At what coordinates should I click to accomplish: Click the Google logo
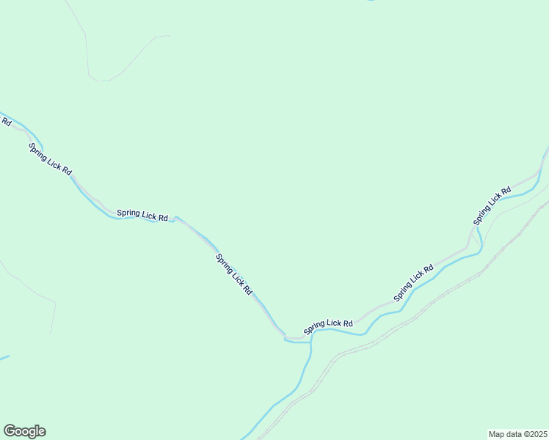pyautogui.click(x=24, y=431)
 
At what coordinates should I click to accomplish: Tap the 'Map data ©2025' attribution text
pyautogui.click(x=517, y=434)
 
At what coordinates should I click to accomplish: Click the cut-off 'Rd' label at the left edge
pyautogui.click(x=5, y=120)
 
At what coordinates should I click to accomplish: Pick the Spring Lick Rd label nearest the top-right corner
pyautogui.click(x=492, y=206)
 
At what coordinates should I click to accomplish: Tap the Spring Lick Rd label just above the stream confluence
pyautogui.click(x=329, y=325)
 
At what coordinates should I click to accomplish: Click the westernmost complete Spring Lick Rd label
pyautogui.click(x=50, y=158)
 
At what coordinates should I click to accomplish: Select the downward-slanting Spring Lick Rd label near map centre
pyautogui.click(x=234, y=274)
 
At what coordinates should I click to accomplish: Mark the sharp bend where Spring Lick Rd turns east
pyautogui.click(x=286, y=338)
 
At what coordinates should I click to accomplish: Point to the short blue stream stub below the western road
pyautogui.click(x=4, y=358)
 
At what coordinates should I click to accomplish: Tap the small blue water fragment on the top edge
pyautogui.click(x=371, y=1)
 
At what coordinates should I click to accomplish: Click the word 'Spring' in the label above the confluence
pyautogui.click(x=317, y=327)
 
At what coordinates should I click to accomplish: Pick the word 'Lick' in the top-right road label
pyautogui.click(x=492, y=206)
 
